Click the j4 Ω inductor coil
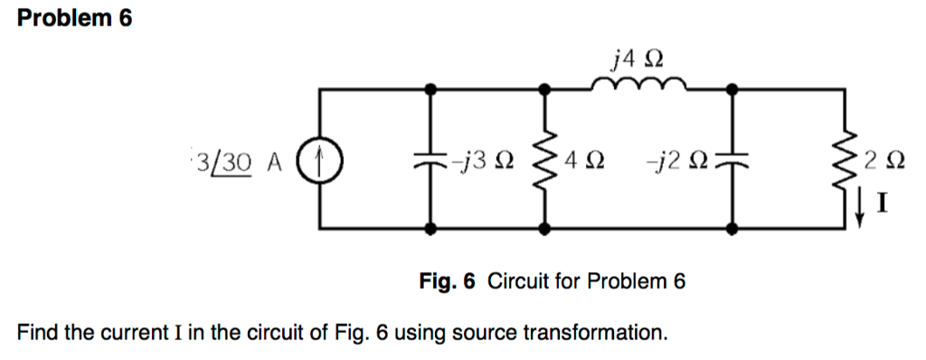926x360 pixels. tap(638, 86)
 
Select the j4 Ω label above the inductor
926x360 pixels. tap(638, 59)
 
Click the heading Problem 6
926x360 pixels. tap(75, 19)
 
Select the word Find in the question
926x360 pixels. tap(39, 333)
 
